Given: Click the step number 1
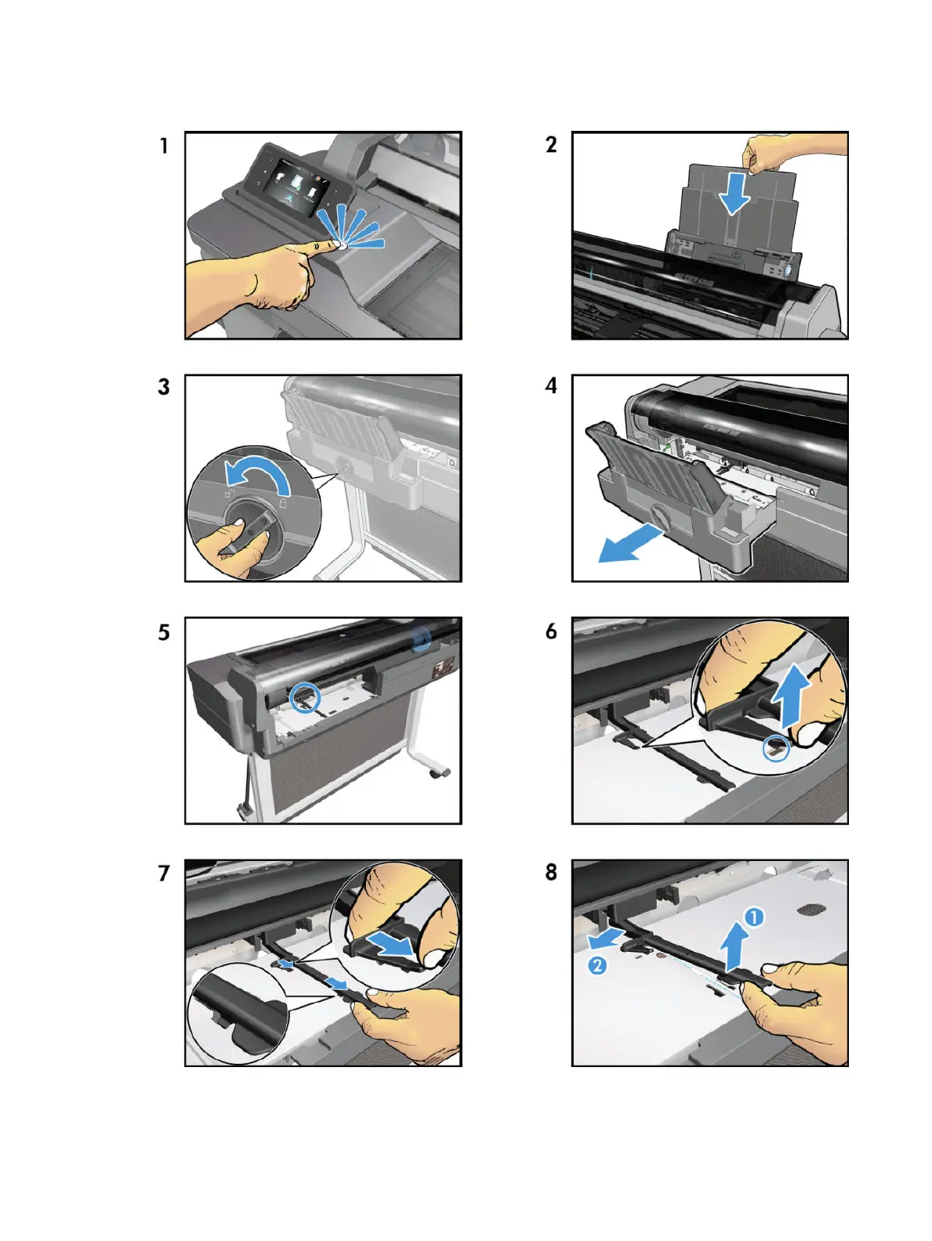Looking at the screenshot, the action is click(x=164, y=146).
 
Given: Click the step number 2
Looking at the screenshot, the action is click(x=551, y=145).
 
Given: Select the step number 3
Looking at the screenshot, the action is click(x=164, y=387).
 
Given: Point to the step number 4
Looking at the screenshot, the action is click(x=551, y=386).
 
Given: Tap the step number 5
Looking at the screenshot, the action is click(x=164, y=632).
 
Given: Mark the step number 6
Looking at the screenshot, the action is click(x=551, y=631).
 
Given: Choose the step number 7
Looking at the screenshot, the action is click(x=164, y=874).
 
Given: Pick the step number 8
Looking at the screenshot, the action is click(x=551, y=872).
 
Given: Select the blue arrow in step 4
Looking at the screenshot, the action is click(x=629, y=543).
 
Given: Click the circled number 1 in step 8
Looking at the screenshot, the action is click(x=754, y=917).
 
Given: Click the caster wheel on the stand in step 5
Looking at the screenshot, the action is click(x=439, y=772).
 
